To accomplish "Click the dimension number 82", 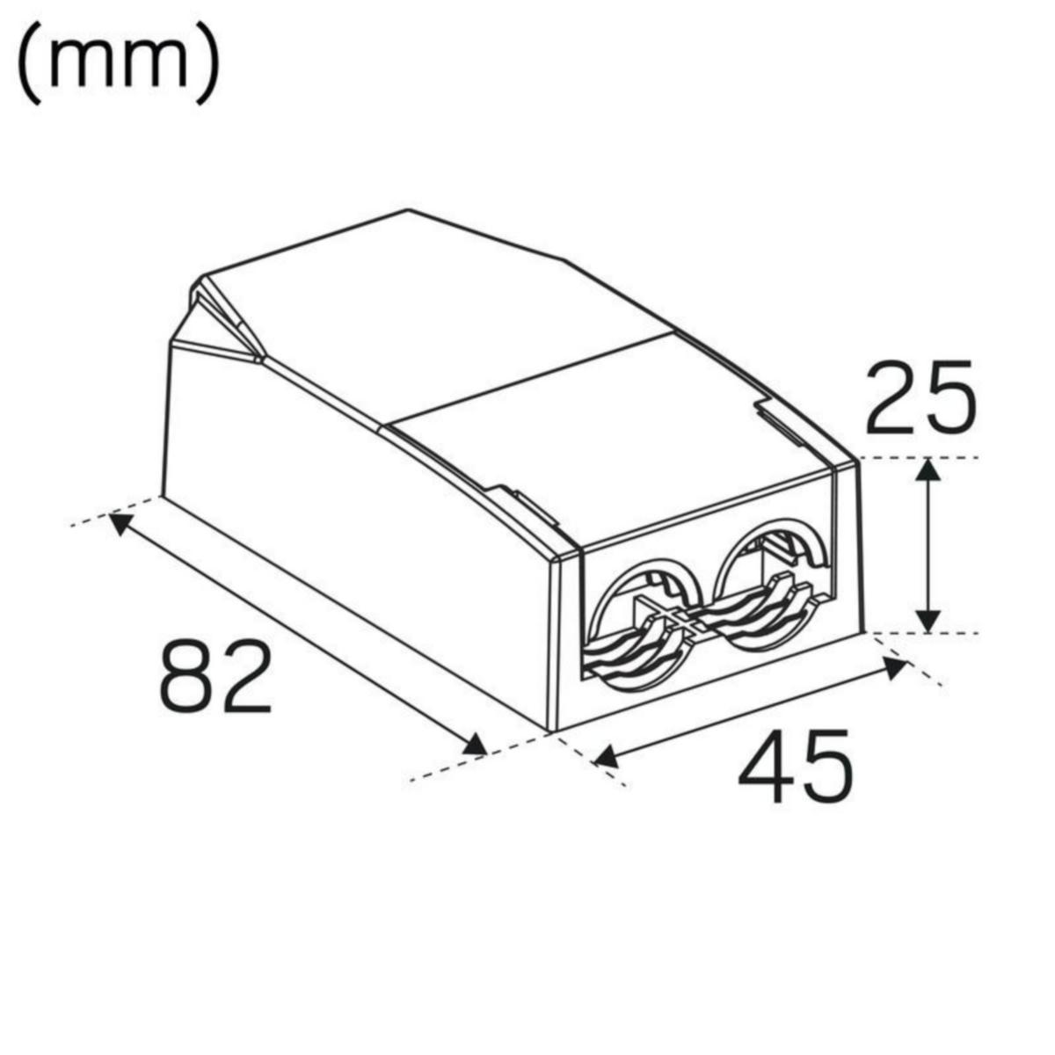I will pos(216,676).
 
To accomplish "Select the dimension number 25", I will pos(920,397).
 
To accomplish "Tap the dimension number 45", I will pos(795,766).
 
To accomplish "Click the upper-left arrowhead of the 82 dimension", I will pos(119,523).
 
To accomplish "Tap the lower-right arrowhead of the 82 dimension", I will pos(474,746).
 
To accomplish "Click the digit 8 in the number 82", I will pos(187,676).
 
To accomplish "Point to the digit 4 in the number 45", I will pos(764,766).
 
